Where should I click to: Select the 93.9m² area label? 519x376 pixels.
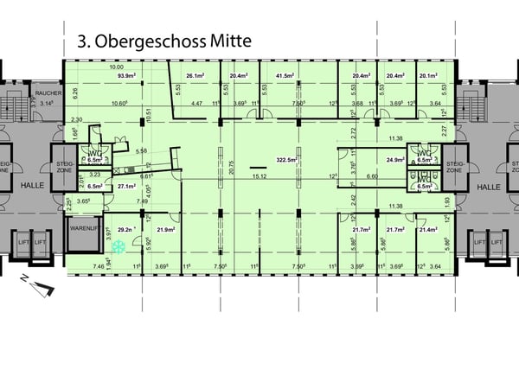(129, 75)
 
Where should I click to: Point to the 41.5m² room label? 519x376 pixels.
(286, 75)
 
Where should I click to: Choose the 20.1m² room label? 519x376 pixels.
(428, 75)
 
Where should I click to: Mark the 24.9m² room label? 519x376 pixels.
(396, 160)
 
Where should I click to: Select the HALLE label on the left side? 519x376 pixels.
(31, 187)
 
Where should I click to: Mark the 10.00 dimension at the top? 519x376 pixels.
(117, 67)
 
